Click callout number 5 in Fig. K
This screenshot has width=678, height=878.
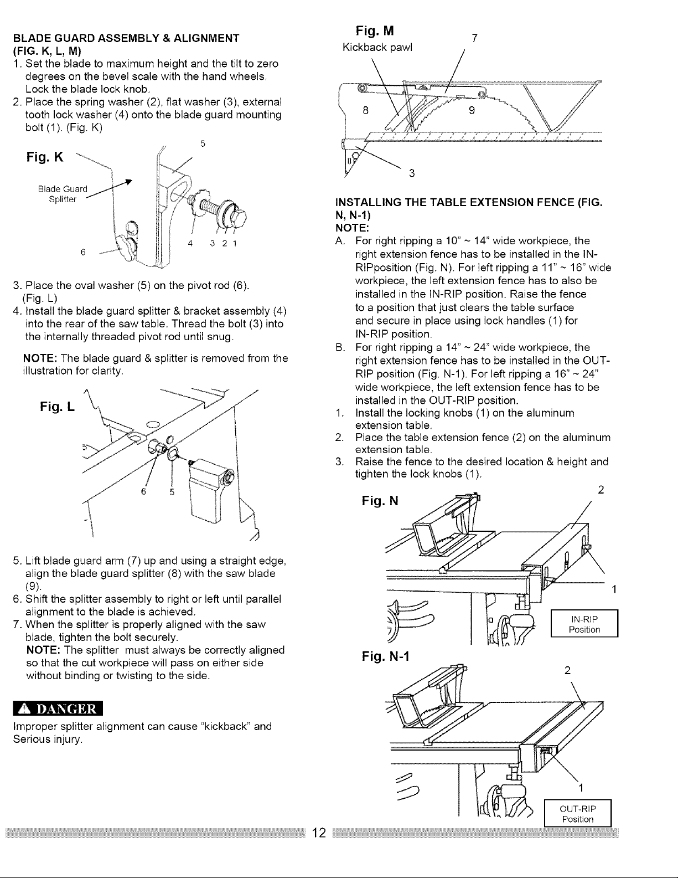click(203, 143)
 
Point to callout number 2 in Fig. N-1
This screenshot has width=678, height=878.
click(566, 670)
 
